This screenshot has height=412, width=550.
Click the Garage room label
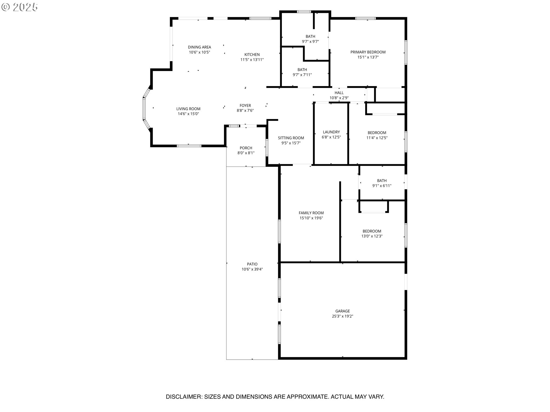[343, 311]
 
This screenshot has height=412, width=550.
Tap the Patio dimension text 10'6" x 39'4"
[252, 269]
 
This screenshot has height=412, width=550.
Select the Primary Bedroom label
[368, 52]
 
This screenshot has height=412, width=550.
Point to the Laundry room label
[331, 132]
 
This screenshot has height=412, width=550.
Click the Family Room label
[311, 213]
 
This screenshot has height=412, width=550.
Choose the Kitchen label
[252, 55]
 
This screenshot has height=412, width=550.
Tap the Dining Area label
[199, 47]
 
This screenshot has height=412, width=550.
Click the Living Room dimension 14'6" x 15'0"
[188, 114]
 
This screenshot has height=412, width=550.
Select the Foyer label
[245, 106]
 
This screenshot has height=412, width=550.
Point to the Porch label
[246, 148]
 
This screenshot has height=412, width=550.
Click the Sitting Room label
[291, 138]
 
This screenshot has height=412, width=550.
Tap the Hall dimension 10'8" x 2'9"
[339, 98]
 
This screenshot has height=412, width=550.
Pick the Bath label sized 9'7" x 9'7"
[311, 36]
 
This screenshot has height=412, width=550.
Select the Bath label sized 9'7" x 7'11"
[302, 70]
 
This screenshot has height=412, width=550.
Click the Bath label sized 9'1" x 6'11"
[382, 181]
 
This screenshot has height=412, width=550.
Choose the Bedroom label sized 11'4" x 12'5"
[377, 133]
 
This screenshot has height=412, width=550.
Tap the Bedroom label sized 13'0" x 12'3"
[372, 231]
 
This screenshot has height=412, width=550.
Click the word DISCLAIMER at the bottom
[184, 397]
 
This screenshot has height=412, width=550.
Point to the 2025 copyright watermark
[20, 7]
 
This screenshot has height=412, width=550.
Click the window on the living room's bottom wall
[189, 146]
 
